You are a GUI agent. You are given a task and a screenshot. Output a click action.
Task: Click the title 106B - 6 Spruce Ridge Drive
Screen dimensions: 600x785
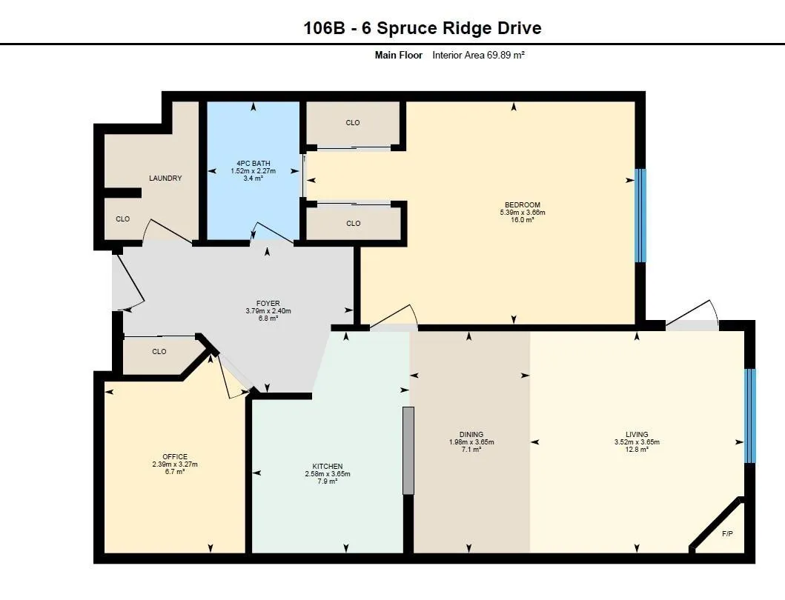point(422,28)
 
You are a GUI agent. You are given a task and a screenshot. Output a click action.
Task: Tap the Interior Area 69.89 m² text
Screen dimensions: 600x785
point(478,55)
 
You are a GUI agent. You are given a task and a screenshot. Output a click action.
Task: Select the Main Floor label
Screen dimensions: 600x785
point(398,55)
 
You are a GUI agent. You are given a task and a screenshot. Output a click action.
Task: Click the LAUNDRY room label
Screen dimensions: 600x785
point(165,179)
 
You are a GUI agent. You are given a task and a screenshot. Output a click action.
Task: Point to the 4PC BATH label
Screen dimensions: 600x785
point(254,163)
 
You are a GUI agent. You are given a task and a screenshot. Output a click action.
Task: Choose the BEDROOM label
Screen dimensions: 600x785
point(523,204)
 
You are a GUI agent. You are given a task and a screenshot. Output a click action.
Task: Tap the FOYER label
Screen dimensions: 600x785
point(268,303)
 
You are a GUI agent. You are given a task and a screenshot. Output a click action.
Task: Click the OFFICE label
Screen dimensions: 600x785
point(175,456)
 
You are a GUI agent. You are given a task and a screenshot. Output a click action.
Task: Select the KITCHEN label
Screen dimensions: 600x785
point(327,466)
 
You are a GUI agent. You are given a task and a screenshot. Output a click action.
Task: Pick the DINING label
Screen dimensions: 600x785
point(471,434)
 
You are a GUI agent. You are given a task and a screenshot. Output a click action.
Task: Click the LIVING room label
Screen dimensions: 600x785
point(637,434)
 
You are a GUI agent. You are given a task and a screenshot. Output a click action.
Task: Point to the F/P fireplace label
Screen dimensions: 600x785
point(727,533)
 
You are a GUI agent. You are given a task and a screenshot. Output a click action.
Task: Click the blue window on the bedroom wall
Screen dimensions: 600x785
point(640,216)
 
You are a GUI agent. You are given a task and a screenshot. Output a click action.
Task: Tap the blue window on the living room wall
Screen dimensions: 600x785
point(750,415)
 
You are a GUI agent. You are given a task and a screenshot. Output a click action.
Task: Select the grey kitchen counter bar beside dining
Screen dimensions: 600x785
point(408,450)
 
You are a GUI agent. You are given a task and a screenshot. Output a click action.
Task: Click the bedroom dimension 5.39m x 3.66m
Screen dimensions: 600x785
point(523,213)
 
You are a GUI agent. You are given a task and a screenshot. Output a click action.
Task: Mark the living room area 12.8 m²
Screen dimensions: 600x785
point(637,450)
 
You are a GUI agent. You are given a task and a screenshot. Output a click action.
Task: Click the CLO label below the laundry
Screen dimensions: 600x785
point(122,219)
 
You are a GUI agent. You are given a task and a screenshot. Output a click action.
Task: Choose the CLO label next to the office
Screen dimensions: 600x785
point(159,352)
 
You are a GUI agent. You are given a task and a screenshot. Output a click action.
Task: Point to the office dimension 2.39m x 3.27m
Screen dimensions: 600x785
point(175,464)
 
